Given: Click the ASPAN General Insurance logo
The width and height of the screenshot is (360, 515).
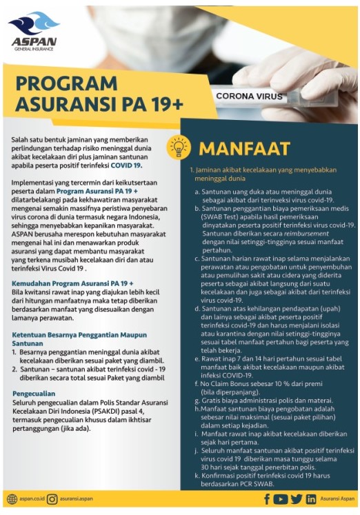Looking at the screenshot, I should click(x=32, y=34).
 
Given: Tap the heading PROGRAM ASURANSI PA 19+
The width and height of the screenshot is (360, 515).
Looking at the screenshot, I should click(x=98, y=94).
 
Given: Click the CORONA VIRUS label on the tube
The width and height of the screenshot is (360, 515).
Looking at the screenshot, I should click(x=246, y=97).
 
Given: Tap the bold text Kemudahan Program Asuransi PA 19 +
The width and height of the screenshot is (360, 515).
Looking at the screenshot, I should click(x=72, y=283).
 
